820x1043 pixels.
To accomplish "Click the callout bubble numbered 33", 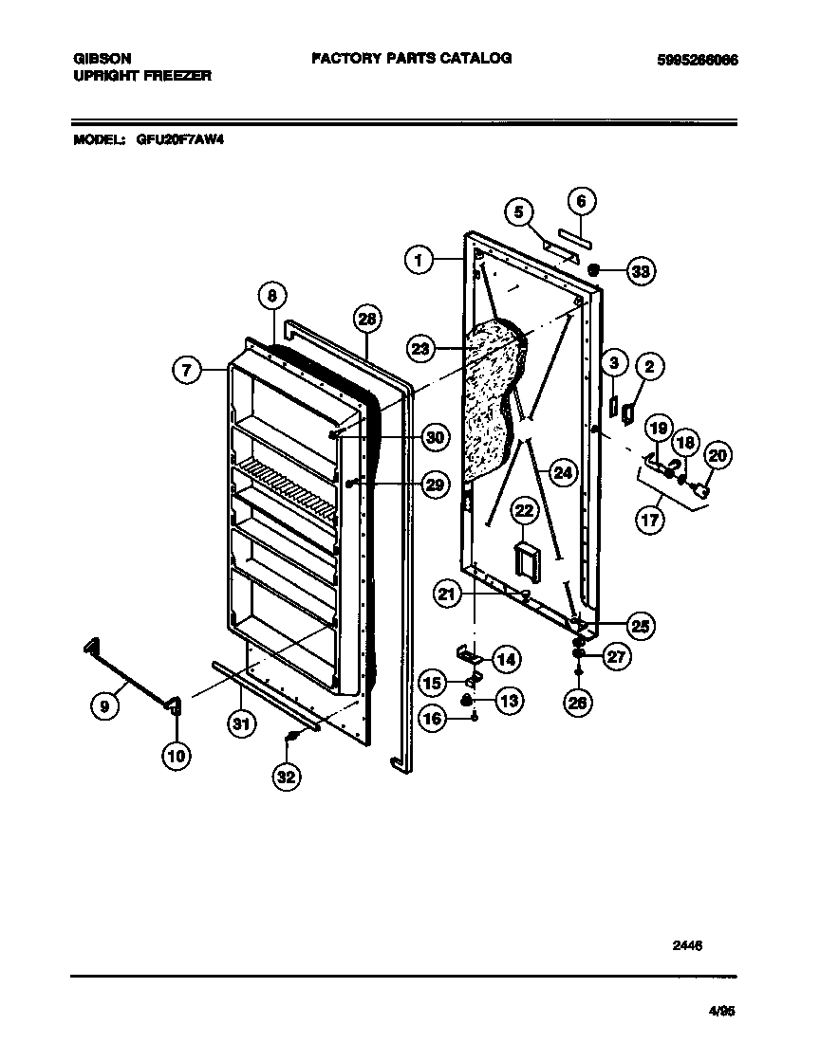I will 642,271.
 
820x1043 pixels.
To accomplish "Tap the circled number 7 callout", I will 188,371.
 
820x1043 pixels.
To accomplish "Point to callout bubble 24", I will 563,471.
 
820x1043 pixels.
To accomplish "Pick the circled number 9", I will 105,705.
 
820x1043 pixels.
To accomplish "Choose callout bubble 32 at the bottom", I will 286,777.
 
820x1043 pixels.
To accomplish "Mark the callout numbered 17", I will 651,521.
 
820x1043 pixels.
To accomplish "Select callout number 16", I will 433,720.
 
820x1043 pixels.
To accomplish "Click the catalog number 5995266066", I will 697,60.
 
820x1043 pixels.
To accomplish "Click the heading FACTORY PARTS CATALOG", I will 411,58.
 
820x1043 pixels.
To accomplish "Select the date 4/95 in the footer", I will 721,1011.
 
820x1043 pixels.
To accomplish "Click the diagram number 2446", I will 689,944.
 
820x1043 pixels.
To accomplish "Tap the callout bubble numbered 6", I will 582,201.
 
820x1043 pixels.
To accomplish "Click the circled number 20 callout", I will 717,456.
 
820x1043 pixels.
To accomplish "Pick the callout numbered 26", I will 578,702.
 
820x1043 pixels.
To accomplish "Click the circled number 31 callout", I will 243,725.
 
